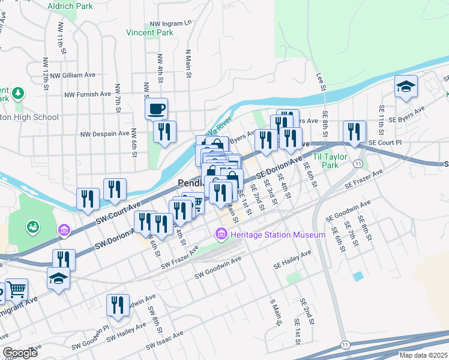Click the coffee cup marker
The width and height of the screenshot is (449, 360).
156,109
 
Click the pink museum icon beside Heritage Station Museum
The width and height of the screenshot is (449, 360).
221,233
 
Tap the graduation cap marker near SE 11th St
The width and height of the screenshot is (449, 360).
406,88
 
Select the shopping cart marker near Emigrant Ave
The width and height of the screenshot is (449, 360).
16,290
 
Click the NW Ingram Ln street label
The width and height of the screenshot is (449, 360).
171,23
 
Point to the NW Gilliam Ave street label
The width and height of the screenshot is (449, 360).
73,76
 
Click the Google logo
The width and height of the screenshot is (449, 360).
20,353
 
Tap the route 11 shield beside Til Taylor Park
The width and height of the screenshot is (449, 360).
358,163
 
